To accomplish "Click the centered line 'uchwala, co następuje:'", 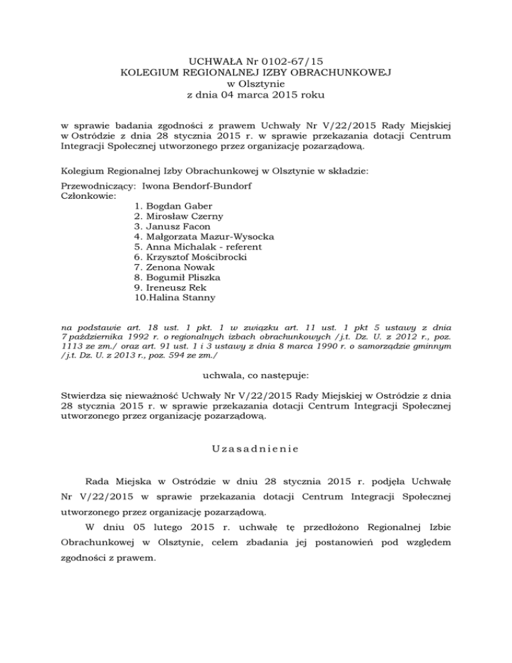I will [256, 378].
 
